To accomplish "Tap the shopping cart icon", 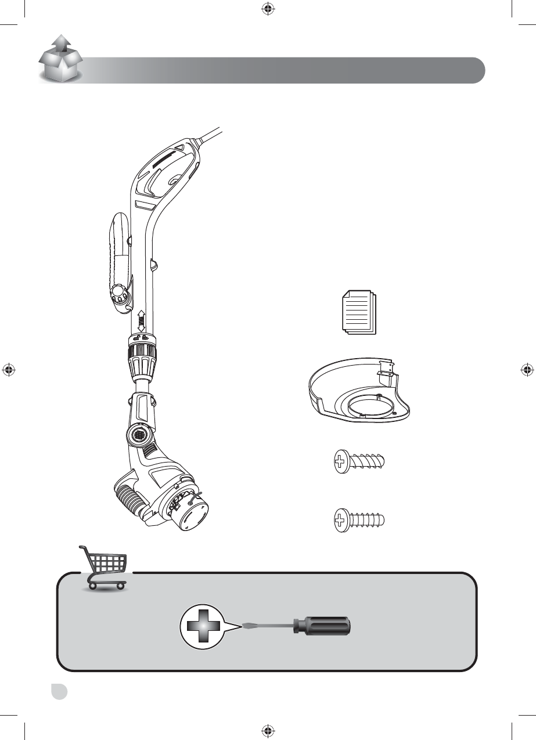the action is click(104, 568).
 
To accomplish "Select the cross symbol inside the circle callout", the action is click(202, 626).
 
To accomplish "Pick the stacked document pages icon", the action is click(358, 313).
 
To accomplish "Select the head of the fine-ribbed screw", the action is click(340, 519).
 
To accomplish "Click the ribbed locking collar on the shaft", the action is click(139, 359).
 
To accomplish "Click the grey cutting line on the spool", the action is click(195, 496).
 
